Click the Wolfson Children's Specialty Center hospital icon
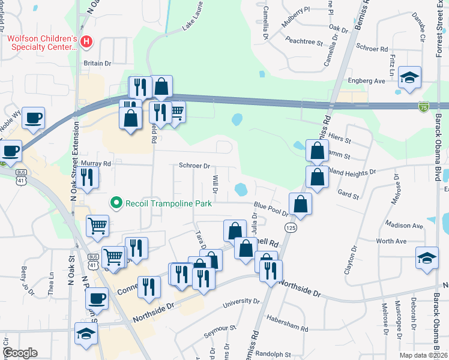pyautogui.click(x=87, y=42)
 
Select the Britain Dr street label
pyautogui.click(x=98, y=63)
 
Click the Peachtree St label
pyautogui.click(x=304, y=42)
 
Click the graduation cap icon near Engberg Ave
pyautogui.click(x=410, y=77)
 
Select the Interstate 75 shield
pyautogui.click(x=424, y=106)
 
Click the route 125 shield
pyautogui.click(x=291, y=228)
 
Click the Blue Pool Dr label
pyautogui.click(x=271, y=208)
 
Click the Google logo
pyautogui.click(x=20, y=353)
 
